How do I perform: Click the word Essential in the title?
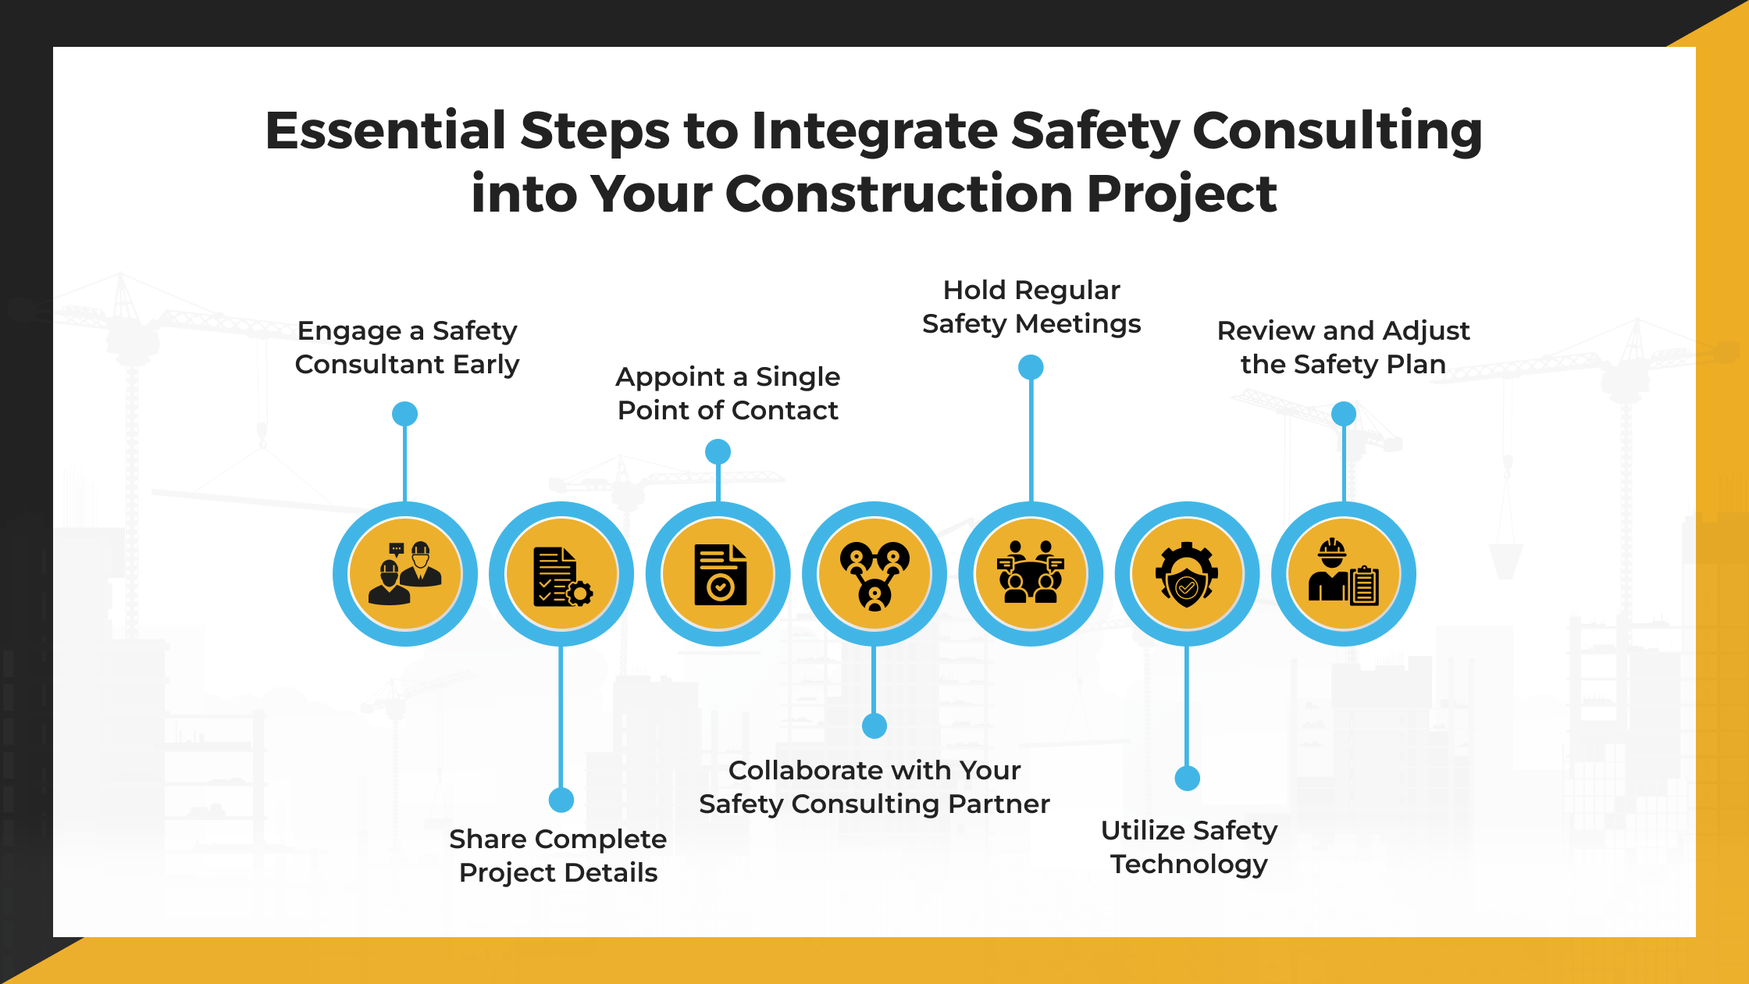386,130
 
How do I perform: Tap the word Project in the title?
1181,194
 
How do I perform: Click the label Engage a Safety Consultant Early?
407,348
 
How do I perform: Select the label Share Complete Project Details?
558,856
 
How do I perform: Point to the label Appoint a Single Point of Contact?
728,394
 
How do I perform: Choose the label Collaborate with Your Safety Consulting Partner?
874,787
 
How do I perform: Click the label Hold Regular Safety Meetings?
1031,307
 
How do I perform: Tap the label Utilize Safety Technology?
1188,847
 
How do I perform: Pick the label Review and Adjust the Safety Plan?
1343,348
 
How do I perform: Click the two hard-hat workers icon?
405,574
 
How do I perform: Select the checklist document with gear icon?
561,576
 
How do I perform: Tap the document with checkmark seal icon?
719,575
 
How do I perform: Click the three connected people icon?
874,575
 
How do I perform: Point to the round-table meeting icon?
1031,574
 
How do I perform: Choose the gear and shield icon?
1187,575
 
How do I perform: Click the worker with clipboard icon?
1344,574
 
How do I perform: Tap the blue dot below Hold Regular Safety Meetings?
1031,367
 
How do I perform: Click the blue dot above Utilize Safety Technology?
1187,778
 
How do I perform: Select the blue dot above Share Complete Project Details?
561,800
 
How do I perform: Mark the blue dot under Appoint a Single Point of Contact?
718,451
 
